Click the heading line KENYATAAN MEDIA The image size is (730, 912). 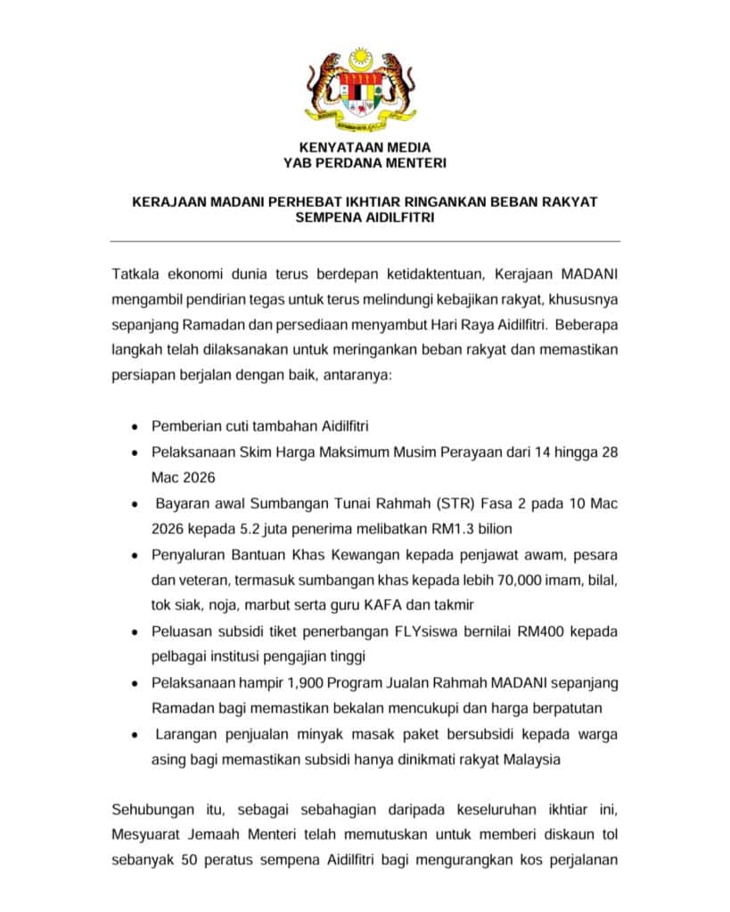pos(364,147)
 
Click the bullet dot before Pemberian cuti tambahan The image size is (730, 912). pos(133,427)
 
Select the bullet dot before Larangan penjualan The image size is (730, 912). pos(133,736)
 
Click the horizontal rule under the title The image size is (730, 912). pos(364,241)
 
